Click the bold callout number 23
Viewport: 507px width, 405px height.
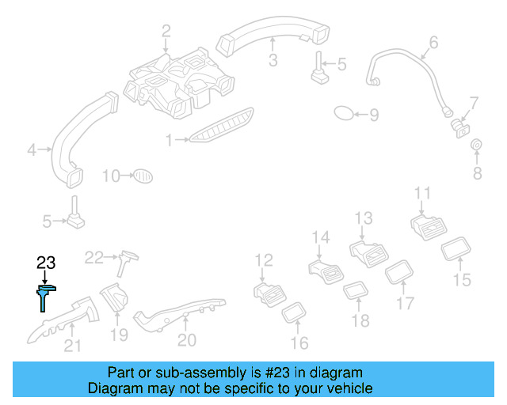[x=45, y=263]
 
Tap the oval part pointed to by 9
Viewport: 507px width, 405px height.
[x=344, y=114]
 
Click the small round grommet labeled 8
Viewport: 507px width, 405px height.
[x=477, y=146]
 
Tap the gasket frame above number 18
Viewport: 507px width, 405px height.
[x=354, y=291]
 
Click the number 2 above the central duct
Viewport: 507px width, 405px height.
[x=166, y=32]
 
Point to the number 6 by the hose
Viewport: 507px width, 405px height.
[x=433, y=41]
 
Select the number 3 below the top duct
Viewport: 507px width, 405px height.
[x=272, y=60]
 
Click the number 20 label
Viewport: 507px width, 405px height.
[x=186, y=339]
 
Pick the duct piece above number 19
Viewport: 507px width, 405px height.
[x=117, y=300]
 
